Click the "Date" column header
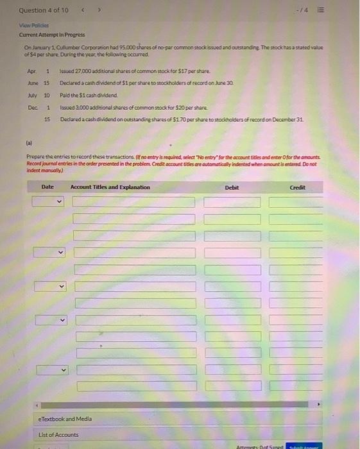click(47, 187)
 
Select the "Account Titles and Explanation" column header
click(110, 187)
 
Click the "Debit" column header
click(232, 187)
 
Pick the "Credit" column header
click(298, 187)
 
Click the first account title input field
click(133, 202)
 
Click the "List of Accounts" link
click(58, 435)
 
